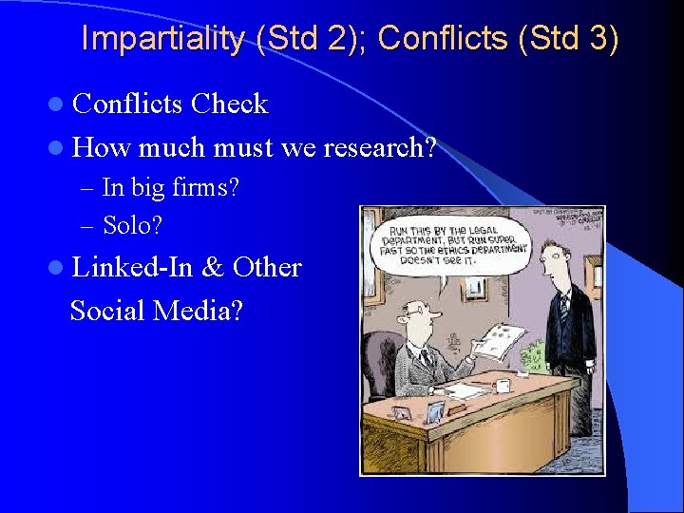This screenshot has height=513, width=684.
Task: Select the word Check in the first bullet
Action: (230, 104)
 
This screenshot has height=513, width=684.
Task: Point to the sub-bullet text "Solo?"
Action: (132, 225)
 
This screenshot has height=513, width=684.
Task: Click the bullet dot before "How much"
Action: (58, 148)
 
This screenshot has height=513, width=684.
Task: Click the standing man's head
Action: (556, 260)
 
